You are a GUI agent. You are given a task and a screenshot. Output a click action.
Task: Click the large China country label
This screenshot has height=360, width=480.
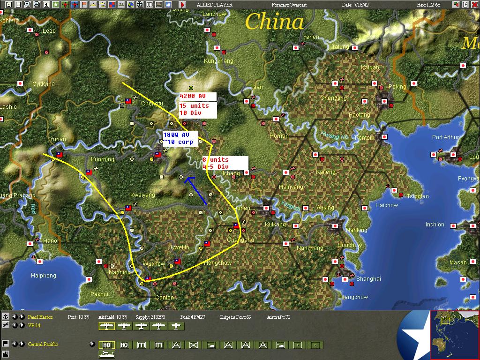pos(275,22)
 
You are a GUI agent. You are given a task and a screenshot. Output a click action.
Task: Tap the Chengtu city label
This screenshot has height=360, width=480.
pos(152,104)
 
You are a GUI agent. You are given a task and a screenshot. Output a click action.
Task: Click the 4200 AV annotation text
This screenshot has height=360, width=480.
pos(193,96)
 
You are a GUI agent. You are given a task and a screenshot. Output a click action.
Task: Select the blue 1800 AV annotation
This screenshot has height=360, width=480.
pos(176,135)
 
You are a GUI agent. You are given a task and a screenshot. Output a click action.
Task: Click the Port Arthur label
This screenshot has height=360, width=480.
pos(446,137)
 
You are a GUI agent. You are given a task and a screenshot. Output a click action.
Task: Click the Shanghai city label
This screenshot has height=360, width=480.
pos(368,279)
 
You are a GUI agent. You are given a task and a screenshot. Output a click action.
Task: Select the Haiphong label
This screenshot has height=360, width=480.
pos(44,276)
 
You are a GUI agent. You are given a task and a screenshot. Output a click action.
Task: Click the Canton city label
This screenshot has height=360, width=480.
pos(164,298)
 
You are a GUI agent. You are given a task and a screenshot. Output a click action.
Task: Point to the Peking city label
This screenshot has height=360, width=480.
pos(397,87)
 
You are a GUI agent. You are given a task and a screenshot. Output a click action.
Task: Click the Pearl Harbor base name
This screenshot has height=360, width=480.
pos(40,317)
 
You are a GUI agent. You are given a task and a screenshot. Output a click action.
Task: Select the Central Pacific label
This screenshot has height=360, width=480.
pos(43,345)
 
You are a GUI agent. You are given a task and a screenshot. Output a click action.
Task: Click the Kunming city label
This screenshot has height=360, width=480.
pos(103,159)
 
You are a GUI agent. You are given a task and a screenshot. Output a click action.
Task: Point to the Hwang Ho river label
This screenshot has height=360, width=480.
pos(335,136)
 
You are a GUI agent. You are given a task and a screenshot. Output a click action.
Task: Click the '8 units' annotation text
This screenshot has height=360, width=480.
pos(216,160)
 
